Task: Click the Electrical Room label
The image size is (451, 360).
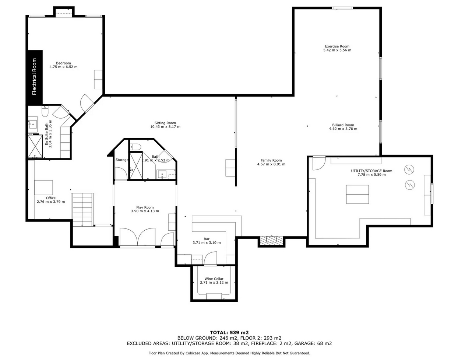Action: (34, 77)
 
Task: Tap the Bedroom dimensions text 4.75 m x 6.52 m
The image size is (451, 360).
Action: (63, 67)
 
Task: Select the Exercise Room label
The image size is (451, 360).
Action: (337, 46)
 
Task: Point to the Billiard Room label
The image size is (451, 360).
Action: (343, 125)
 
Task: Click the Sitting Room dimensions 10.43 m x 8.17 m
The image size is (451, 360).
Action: (165, 127)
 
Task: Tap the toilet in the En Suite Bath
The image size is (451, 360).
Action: (45, 111)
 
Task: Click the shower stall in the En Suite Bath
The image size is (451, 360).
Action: (35, 146)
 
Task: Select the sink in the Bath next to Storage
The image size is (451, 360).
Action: (162, 175)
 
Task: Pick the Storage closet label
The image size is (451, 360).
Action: (122, 160)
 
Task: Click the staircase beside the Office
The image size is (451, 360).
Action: (82, 210)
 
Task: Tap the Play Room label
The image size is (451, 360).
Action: (145, 207)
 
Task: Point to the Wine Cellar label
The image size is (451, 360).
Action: (214, 279)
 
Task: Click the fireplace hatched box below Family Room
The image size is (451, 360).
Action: (272, 241)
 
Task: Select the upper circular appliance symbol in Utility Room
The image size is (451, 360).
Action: (409, 170)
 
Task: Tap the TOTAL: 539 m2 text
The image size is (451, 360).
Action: (229, 332)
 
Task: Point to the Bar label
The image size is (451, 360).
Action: (207, 239)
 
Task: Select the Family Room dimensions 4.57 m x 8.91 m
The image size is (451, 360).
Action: (271, 164)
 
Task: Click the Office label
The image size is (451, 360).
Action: (51, 198)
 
